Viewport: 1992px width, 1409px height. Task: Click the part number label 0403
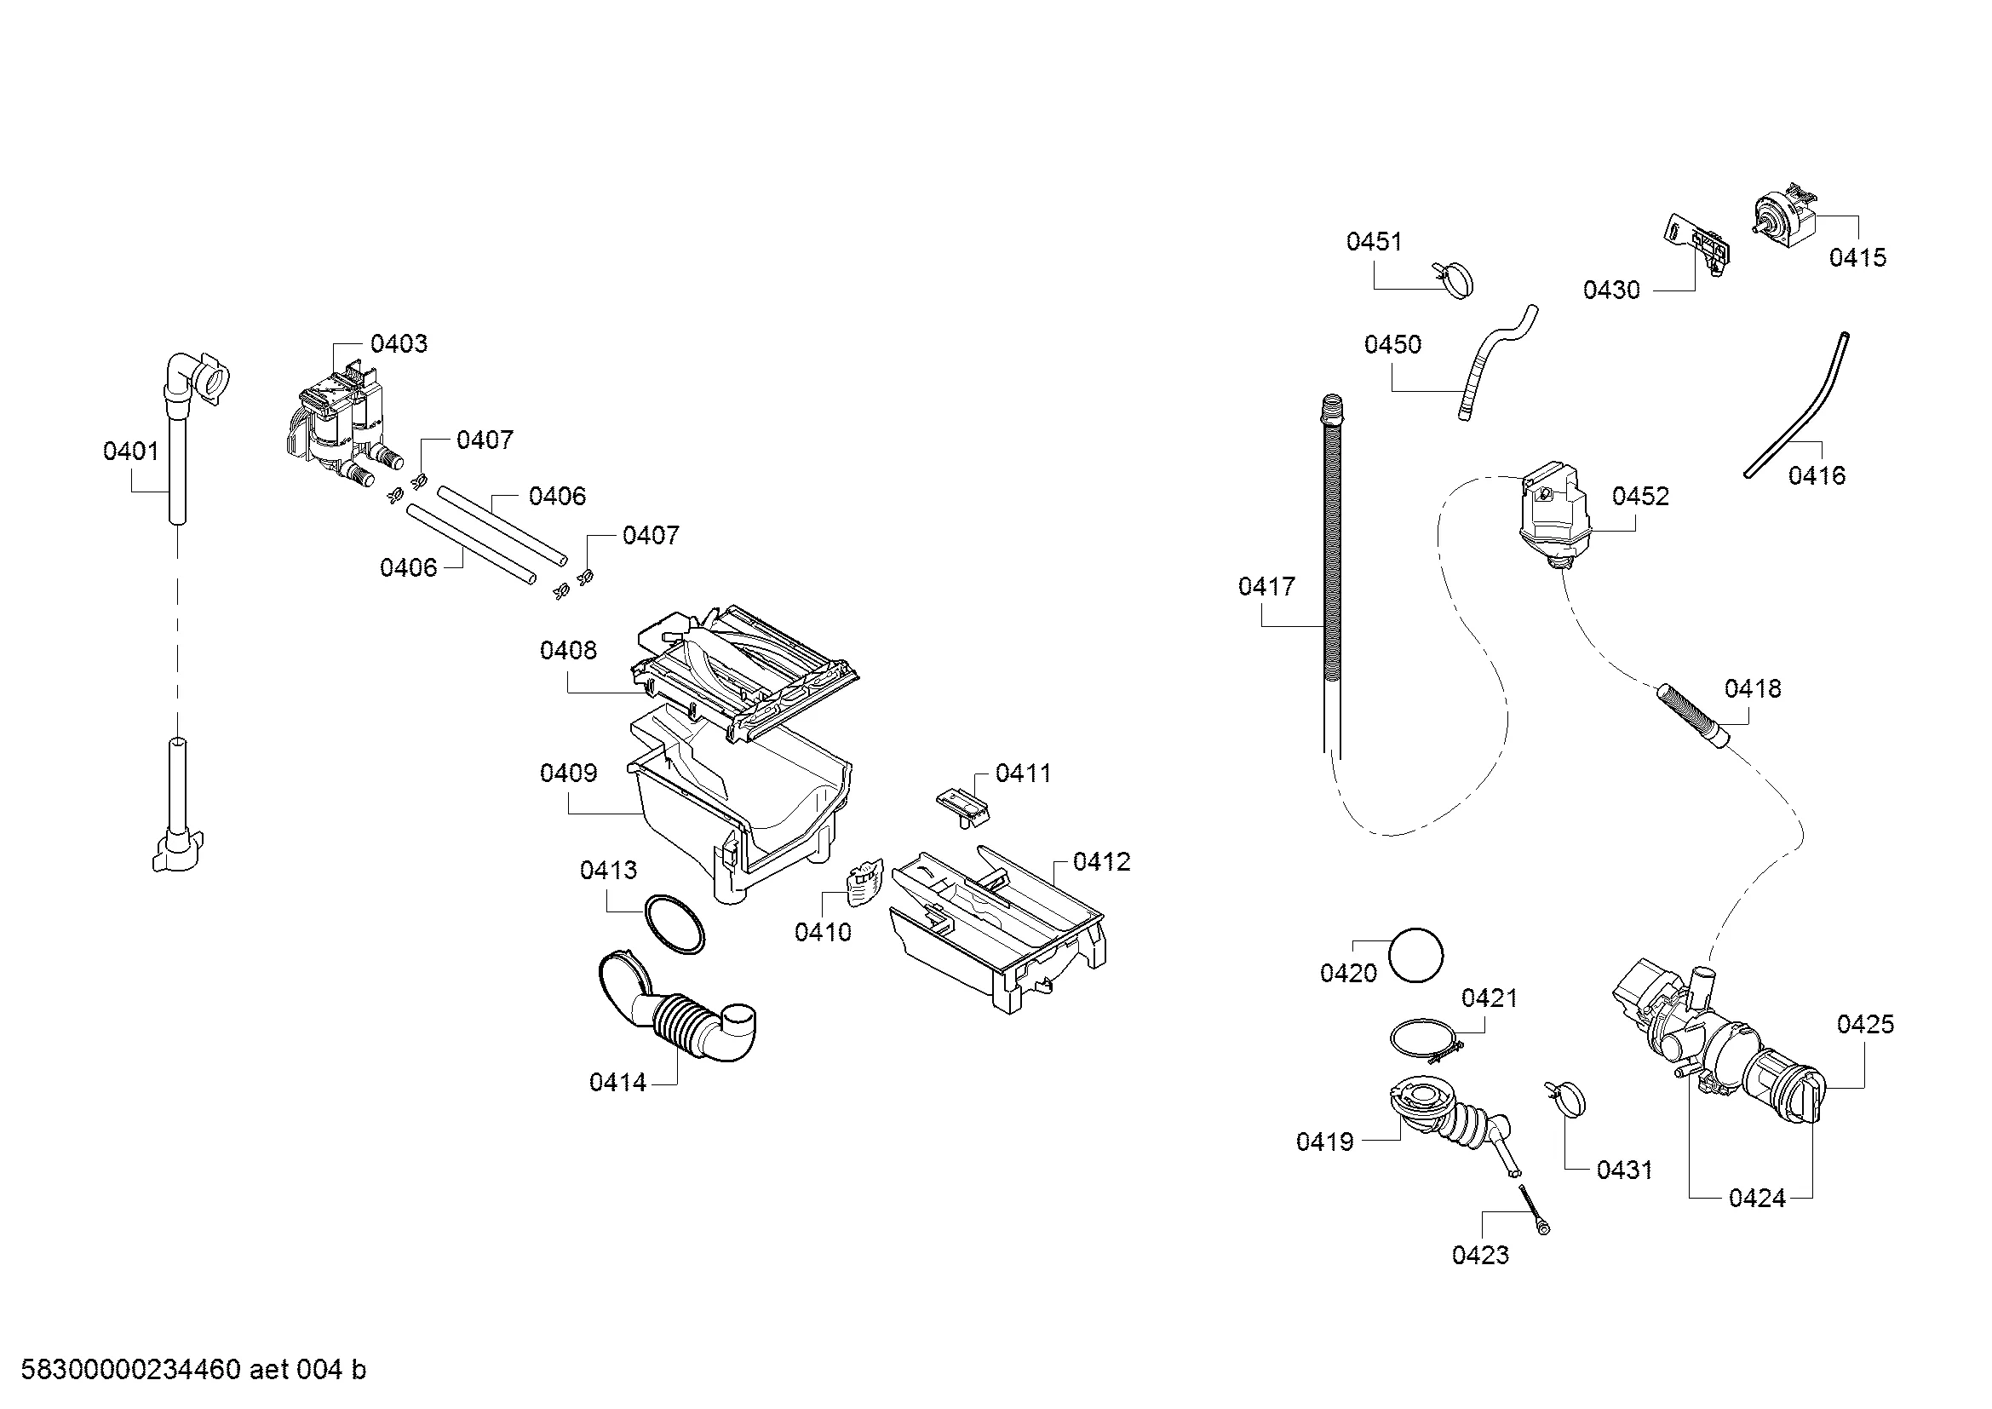coord(399,343)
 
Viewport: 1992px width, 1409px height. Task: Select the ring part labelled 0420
coord(1416,955)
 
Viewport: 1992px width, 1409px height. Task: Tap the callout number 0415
coord(1857,256)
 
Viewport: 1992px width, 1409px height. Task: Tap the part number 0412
coord(1102,861)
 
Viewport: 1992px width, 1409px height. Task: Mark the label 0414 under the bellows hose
coord(617,1082)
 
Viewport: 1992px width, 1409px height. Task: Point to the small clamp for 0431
coord(1566,1098)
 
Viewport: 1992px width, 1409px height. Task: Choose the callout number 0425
coord(1865,1024)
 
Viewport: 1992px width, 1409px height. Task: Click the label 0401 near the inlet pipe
coord(131,451)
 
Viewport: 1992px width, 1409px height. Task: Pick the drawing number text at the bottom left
coord(192,1369)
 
